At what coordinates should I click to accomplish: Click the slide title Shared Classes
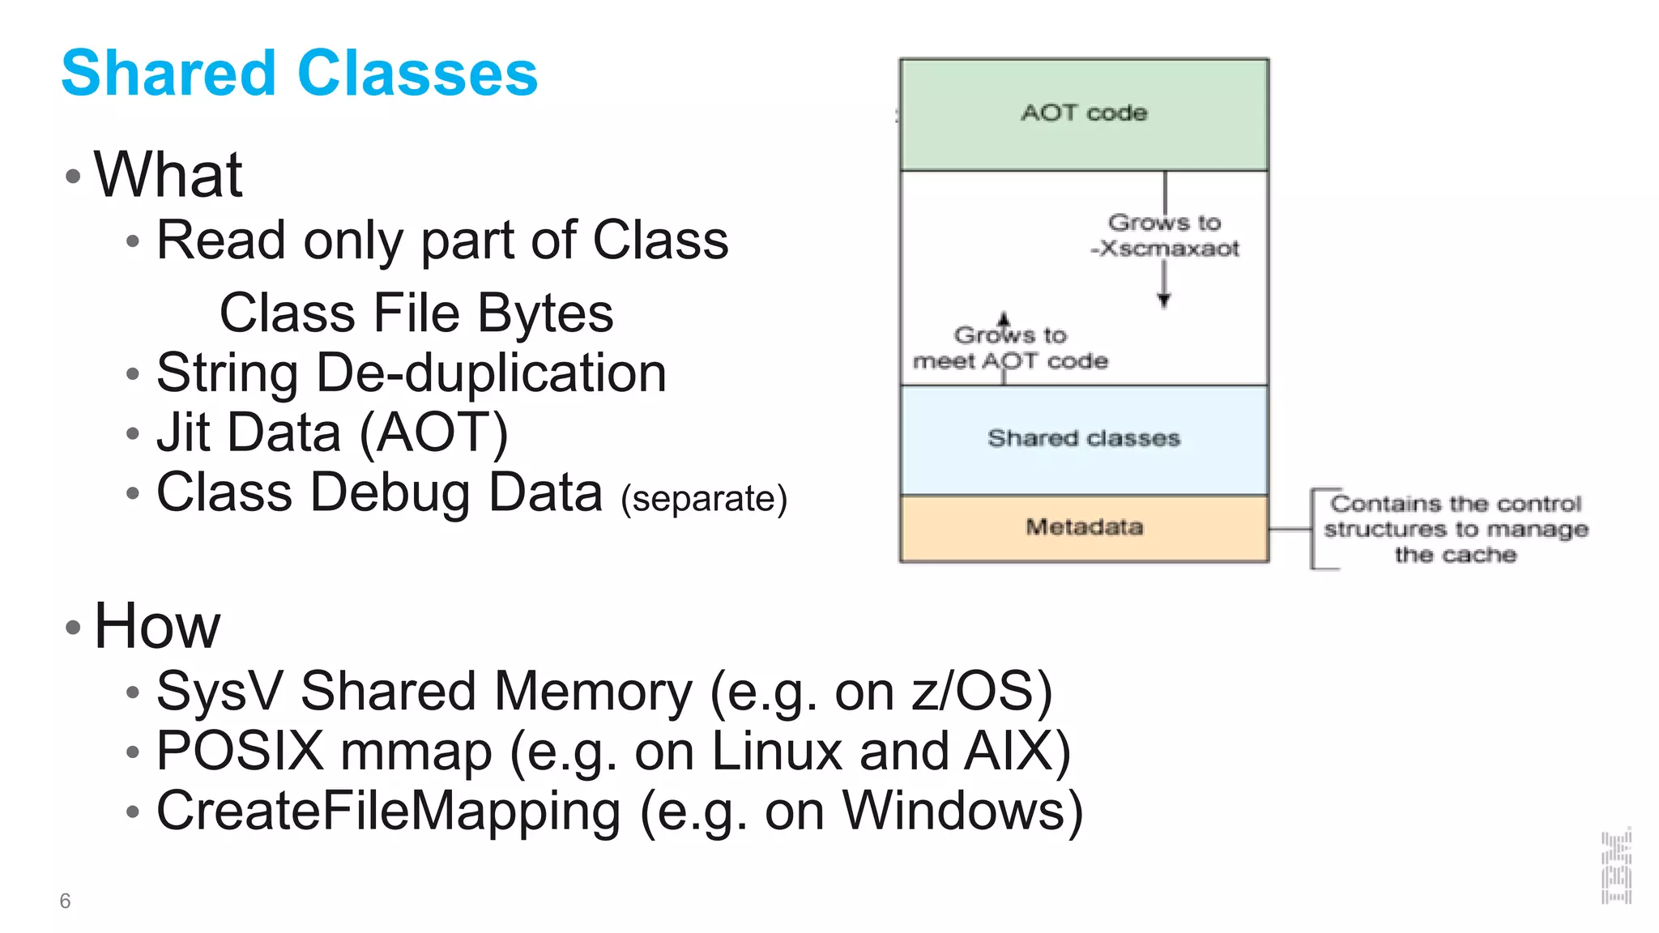tap(299, 73)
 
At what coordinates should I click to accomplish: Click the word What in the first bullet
tap(168, 175)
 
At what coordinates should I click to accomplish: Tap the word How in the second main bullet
tap(157, 626)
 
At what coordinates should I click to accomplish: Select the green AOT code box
tap(1084, 114)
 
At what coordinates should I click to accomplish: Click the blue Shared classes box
tap(1084, 439)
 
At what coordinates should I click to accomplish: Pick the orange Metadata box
tap(1084, 528)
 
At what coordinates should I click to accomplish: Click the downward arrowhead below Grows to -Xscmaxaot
tap(1164, 300)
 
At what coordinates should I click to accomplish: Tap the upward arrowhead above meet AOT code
tap(1004, 318)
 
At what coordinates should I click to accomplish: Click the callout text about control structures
tap(1455, 530)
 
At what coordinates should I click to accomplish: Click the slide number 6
tap(65, 901)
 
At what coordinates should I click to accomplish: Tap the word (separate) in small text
tap(703, 499)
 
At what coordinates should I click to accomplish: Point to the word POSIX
tap(240, 751)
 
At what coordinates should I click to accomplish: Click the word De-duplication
tap(491, 373)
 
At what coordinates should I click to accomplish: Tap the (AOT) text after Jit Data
tap(433, 432)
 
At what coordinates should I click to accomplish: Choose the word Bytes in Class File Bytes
tap(545, 313)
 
